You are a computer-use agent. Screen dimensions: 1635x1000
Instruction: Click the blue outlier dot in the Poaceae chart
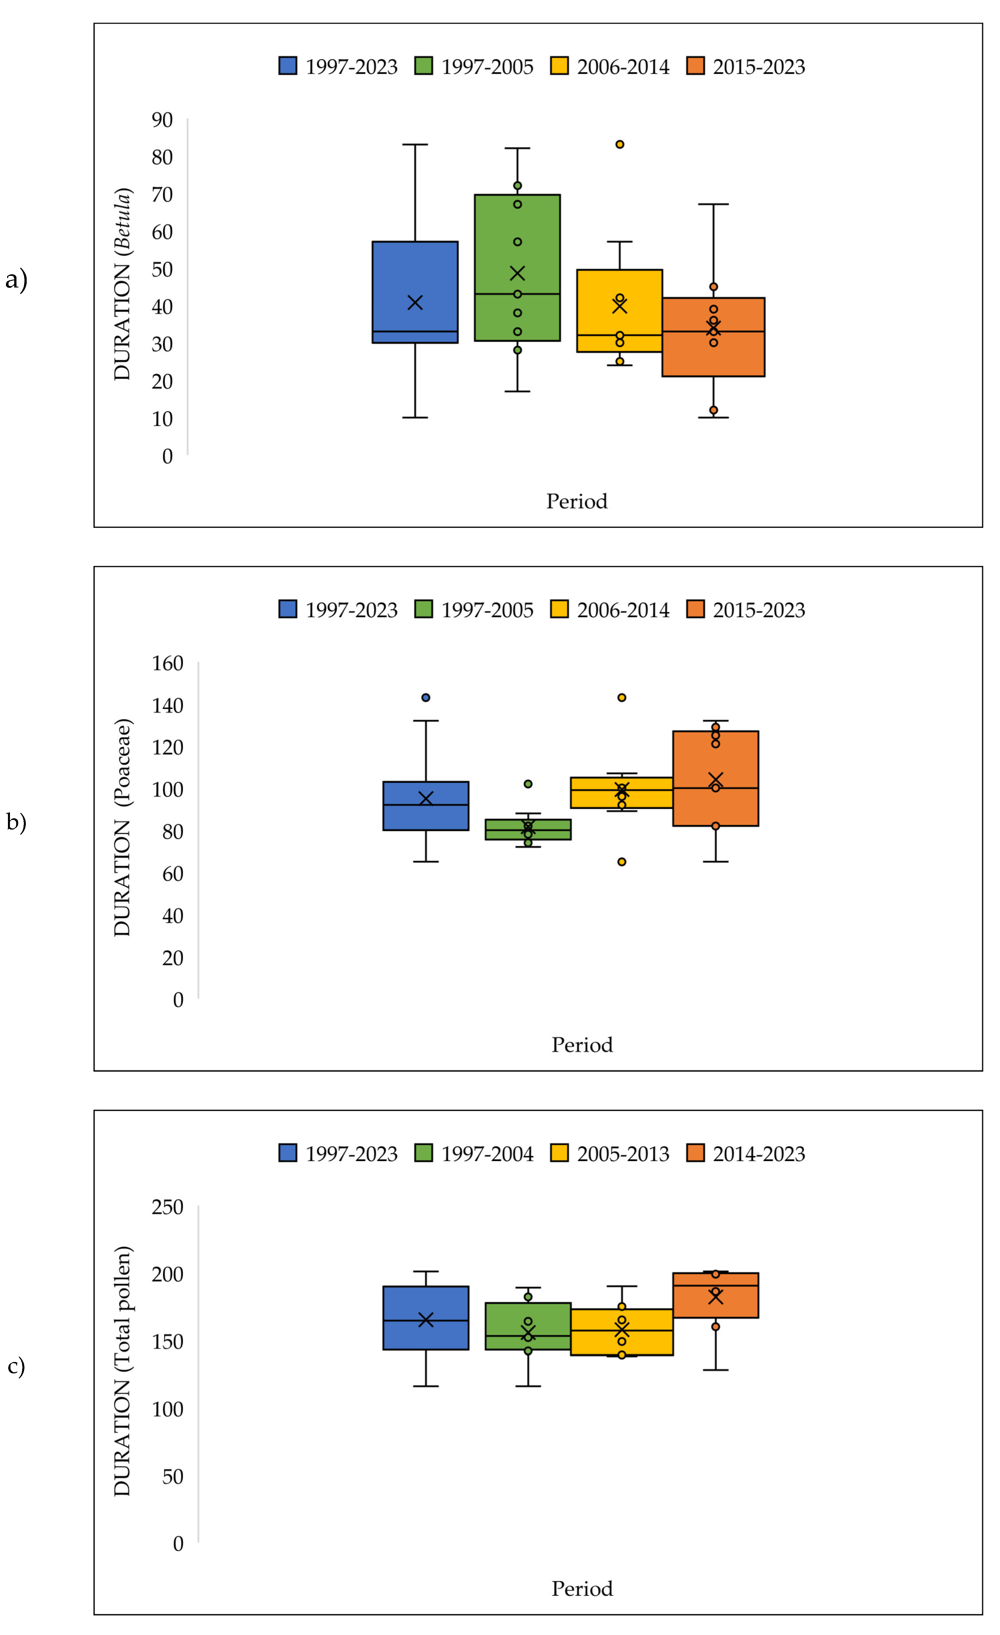426,697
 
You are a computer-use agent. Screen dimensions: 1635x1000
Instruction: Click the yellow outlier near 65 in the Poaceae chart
622,862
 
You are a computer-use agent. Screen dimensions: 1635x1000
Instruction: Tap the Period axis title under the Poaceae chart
582,1045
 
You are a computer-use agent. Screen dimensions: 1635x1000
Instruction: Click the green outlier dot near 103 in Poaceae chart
528,784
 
